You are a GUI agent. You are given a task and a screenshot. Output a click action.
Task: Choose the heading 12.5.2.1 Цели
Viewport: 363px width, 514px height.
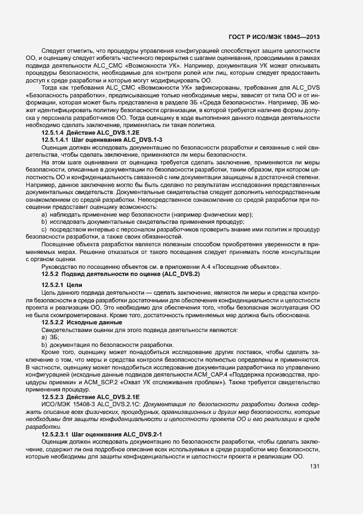coord(62,285)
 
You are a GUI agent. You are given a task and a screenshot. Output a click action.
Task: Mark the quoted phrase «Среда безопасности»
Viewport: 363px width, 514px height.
coord(234,103)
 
